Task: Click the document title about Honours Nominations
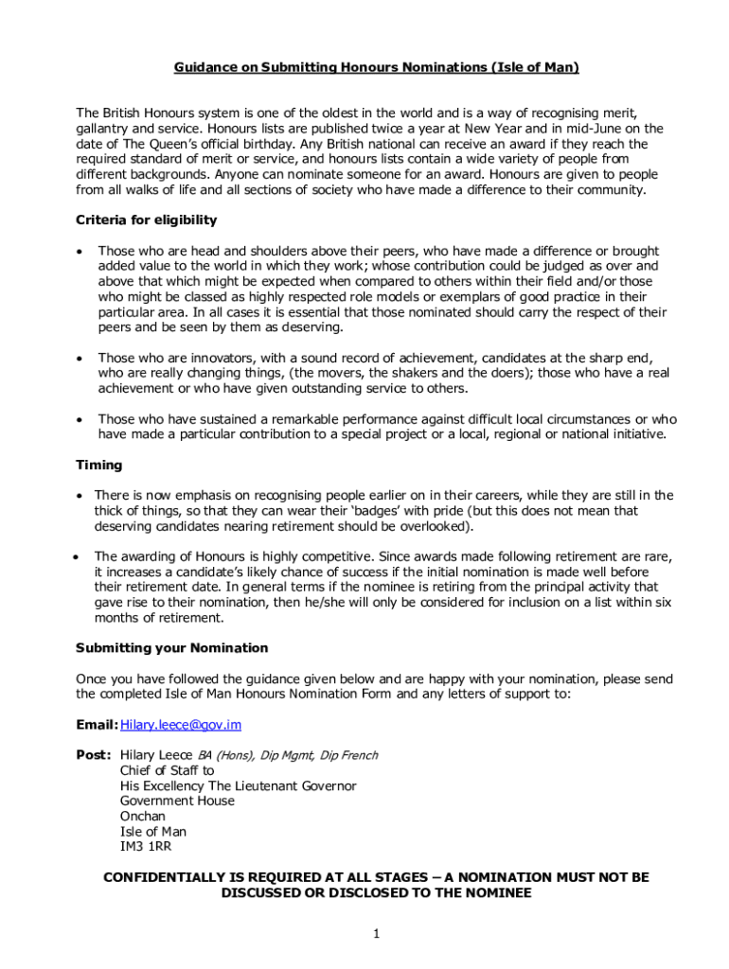pyautogui.click(x=376, y=67)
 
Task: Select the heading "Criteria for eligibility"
pyautogui.click(x=146, y=220)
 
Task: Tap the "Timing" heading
pyautogui.click(x=98, y=466)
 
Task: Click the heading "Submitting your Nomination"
pyautogui.click(x=171, y=648)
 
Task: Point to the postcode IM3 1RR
pyautogui.click(x=146, y=847)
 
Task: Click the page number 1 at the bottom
pyautogui.click(x=376, y=935)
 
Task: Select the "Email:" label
pyautogui.click(x=97, y=725)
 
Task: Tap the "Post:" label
pyautogui.click(x=94, y=755)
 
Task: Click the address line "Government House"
pyautogui.click(x=177, y=801)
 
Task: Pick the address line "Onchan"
pyautogui.click(x=142, y=816)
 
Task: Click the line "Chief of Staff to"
pyautogui.click(x=167, y=770)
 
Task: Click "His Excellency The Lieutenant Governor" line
pyautogui.click(x=238, y=785)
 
